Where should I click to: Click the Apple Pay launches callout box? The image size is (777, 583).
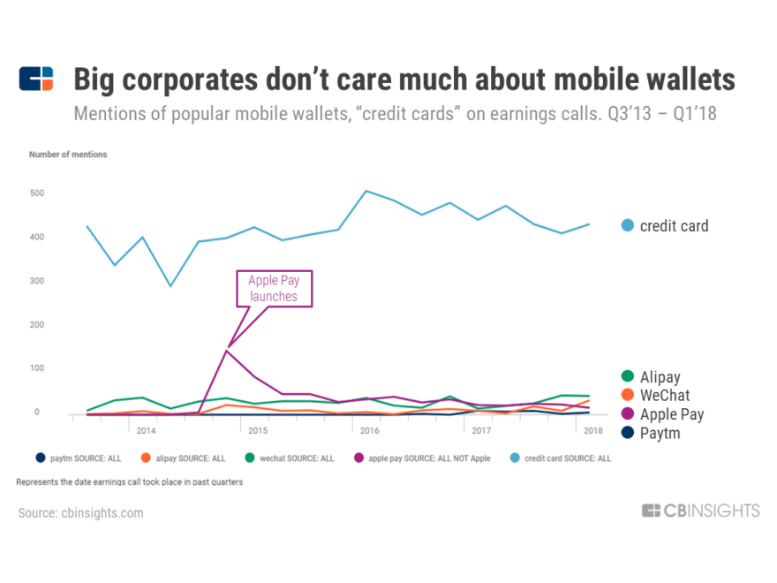273,289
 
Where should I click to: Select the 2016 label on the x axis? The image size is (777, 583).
370,431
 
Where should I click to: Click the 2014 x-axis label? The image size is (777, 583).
147,431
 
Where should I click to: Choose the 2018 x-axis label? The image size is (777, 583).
592,431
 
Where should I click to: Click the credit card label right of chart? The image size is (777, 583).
675,226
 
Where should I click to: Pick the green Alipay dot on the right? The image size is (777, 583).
628,377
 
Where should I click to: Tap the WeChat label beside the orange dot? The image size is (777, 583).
665,396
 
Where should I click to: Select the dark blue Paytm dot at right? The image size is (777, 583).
628,434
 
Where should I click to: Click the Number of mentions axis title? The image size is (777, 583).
68,155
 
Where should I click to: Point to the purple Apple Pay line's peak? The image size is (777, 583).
227,351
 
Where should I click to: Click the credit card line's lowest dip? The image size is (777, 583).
170,286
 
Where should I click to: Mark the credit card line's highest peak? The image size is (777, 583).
366,191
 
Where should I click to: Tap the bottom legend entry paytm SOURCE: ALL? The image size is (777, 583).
80,458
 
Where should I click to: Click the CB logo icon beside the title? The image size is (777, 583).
36,79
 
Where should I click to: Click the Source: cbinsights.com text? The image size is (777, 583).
80,513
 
